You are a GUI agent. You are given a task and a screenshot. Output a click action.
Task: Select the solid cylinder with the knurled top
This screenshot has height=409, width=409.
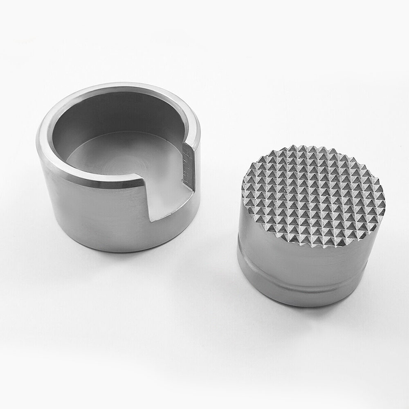click(x=311, y=229)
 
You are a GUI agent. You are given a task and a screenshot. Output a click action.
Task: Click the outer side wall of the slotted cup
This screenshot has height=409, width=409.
click(x=90, y=213)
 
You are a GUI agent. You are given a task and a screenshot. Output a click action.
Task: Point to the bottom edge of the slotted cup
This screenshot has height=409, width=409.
click(x=115, y=249)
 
